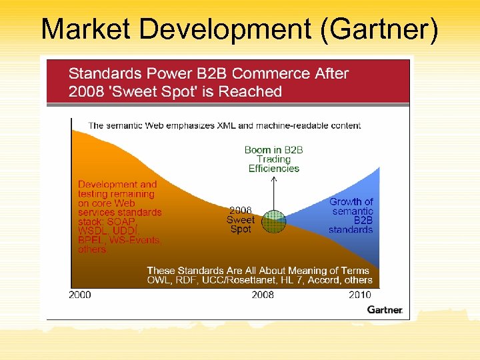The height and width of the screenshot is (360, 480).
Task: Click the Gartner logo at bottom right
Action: tap(385, 310)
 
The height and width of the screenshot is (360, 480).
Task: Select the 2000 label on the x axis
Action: tap(79, 295)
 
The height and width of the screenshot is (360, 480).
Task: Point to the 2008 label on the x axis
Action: tap(262, 295)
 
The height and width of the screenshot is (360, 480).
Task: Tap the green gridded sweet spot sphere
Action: tap(273, 221)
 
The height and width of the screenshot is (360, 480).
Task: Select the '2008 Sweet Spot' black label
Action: tap(240, 219)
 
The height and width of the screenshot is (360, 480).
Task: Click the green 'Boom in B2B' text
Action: tap(273, 150)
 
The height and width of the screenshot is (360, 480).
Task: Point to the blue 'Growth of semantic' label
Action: tap(351, 206)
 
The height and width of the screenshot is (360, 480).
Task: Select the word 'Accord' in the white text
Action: tap(324, 281)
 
